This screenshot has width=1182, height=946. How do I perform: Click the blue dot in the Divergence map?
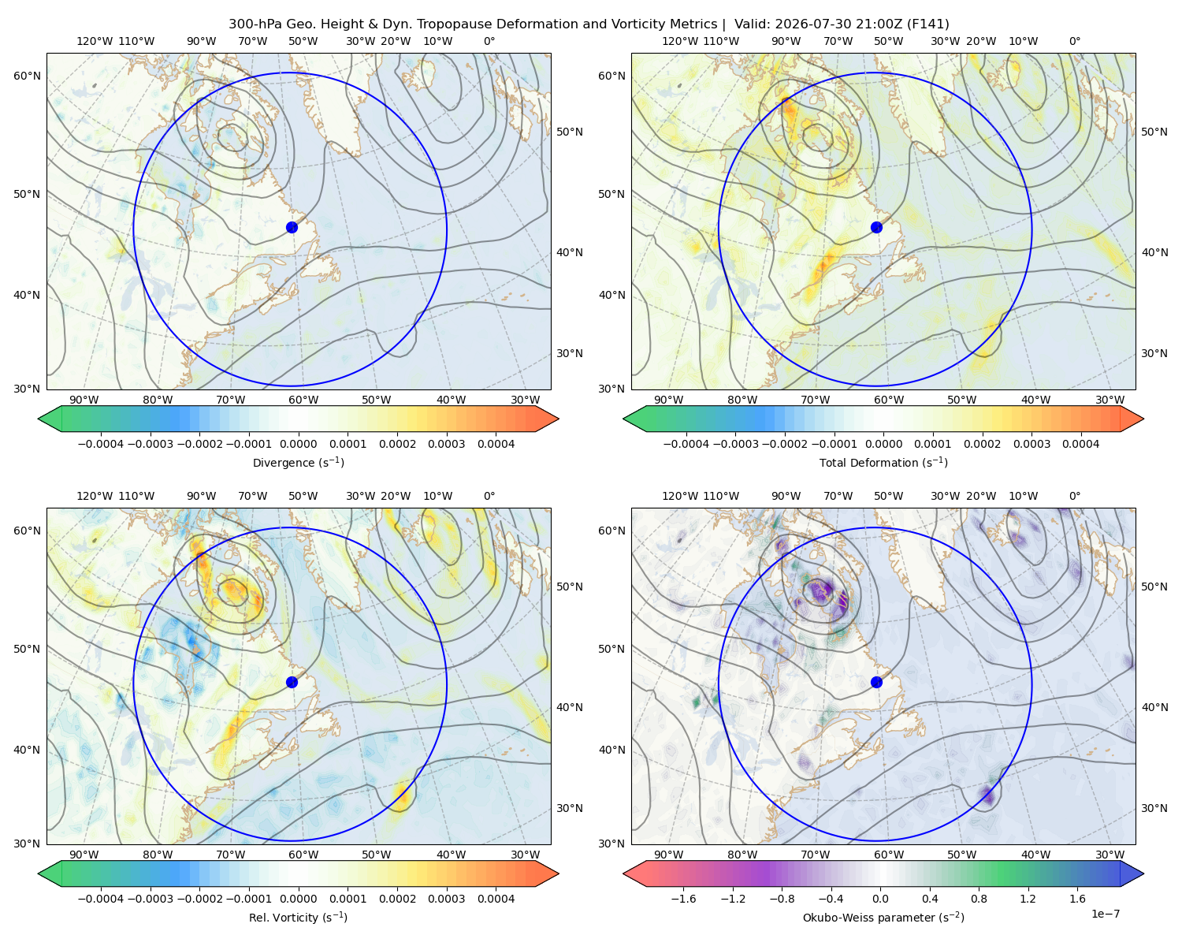tap(292, 227)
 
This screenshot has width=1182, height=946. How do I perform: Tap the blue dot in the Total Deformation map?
tap(876, 227)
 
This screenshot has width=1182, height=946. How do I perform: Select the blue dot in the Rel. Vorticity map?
tap(292, 682)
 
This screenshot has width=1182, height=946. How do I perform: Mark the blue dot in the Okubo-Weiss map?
tap(876, 682)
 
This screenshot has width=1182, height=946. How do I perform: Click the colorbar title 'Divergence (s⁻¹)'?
tap(298, 462)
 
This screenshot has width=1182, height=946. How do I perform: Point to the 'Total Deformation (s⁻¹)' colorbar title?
tap(883, 462)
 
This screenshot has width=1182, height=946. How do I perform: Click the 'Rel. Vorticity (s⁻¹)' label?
tap(298, 917)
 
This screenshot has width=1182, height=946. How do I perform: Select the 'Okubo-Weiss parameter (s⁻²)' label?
tap(883, 917)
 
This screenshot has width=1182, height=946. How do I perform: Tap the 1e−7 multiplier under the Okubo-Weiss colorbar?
tap(1105, 914)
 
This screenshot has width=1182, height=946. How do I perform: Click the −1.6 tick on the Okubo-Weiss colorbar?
tap(683, 898)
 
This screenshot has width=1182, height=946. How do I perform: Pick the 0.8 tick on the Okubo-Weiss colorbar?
tap(979, 898)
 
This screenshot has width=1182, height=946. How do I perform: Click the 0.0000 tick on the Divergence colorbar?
tap(298, 444)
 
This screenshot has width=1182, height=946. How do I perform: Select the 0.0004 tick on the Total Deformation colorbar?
tap(1080, 444)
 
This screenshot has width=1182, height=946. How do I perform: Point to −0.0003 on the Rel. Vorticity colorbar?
tap(150, 898)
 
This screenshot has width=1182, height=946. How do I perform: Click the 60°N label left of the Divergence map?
tap(27, 76)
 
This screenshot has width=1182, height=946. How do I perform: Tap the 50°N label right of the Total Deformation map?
tap(1154, 132)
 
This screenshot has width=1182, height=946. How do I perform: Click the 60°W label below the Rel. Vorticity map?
tap(303, 855)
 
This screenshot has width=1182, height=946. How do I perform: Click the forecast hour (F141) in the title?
tap(927, 24)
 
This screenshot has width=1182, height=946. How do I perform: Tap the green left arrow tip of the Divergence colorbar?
tap(39, 419)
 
